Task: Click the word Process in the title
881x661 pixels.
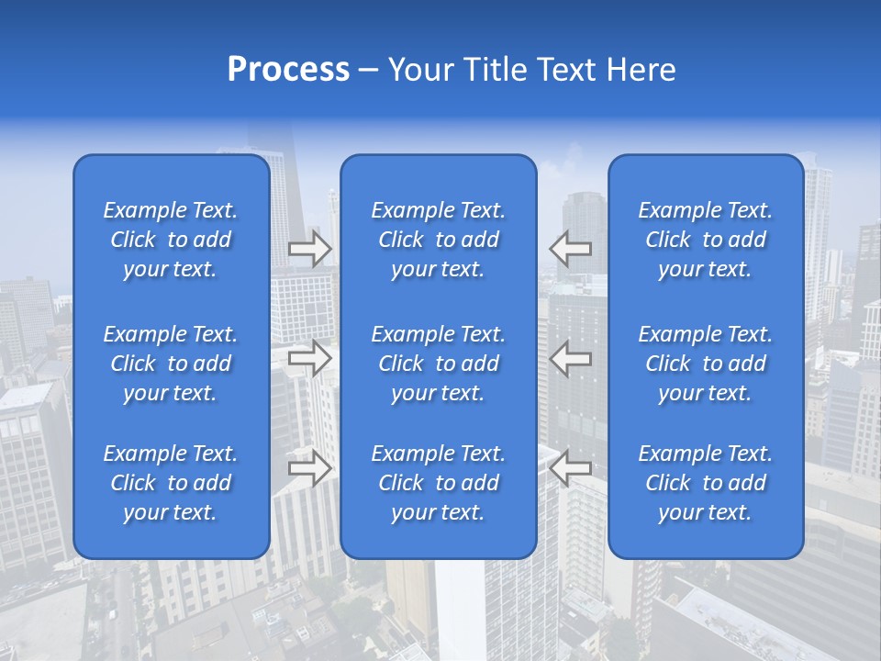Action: pyautogui.click(x=288, y=70)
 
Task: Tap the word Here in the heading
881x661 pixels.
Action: pyautogui.click(x=641, y=70)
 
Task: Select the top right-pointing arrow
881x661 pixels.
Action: pyautogui.click(x=310, y=249)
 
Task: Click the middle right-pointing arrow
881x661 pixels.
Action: pyautogui.click(x=310, y=358)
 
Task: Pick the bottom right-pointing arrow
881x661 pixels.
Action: pyautogui.click(x=310, y=468)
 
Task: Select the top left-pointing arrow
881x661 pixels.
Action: pyautogui.click(x=571, y=249)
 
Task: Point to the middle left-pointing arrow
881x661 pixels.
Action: pyautogui.click(x=571, y=358)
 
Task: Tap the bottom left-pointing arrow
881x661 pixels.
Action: pyautogui.click(x=571, y=468)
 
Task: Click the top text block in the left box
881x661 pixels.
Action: pyautogui.click(x=171, y=240)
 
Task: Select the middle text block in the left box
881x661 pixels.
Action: pyautogui.click(x=171, y=364)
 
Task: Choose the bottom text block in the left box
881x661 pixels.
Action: pyautogui.click(x=171, y=483)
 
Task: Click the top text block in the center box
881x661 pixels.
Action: pyautogui.click(x=439, y=240)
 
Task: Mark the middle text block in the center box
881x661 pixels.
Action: pyautogui.click(x=439, y=364)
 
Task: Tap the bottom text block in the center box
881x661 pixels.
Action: pyautogui.click(x=439, y=483)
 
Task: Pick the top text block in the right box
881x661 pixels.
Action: pyautogui.click(x=706, y=240)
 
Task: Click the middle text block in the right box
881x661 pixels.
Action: pyautogui.click(x=706, y=364)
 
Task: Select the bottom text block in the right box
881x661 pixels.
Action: pyautogui.click(x=706, y=483)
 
